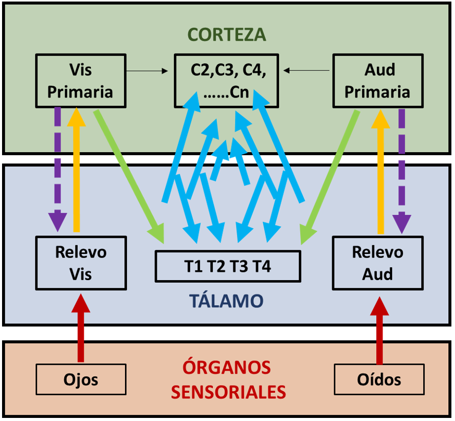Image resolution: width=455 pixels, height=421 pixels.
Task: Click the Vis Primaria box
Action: point(81,81)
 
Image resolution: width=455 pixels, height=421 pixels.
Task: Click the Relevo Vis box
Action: point(81,263)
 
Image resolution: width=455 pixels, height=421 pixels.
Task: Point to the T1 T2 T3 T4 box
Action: point(228,266)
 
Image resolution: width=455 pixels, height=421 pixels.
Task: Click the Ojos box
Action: point(81,380)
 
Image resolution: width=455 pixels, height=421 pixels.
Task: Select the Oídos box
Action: point(379,380)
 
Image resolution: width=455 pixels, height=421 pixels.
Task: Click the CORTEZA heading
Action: point(227,34)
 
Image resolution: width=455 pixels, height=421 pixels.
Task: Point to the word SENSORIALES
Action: point(228,392)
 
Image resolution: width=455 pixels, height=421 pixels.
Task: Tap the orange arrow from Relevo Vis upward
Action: point(77,170)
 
